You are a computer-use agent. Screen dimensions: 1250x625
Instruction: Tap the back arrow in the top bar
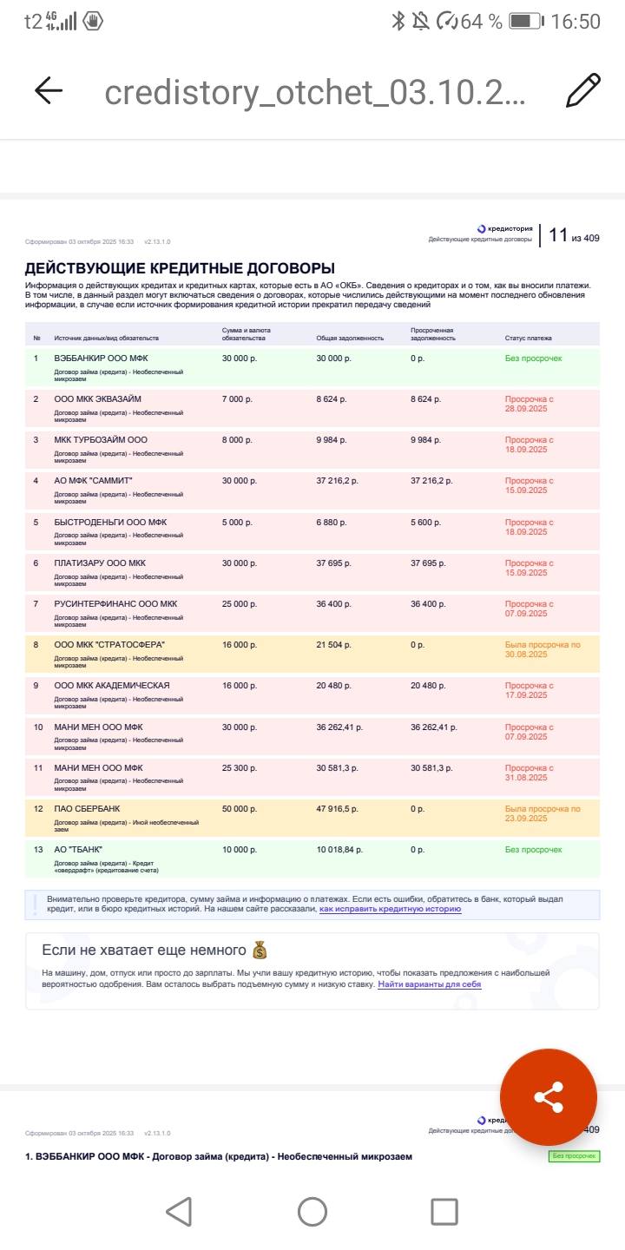[x=49, y=90]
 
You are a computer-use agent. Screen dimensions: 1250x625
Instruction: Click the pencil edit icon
[x=582, y=90]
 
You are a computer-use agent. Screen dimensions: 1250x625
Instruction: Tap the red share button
[x=549, y=1096]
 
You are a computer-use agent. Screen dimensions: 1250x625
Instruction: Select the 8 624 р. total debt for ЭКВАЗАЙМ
[x=332, y=399]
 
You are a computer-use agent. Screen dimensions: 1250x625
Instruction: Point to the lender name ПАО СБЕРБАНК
[x=87, y=809]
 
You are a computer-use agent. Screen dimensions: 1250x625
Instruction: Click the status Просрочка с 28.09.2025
[x=529, y=404]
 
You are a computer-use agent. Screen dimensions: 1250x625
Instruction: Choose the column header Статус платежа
[x=528, y=338]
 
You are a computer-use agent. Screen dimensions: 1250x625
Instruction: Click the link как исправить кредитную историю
[x=390, y=909]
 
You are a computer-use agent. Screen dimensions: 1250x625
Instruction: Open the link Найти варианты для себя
[x=429, y=984]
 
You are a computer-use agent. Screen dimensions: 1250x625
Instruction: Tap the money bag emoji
[x=259, y=950]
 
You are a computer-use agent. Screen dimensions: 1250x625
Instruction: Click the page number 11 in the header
[x=558, y=235]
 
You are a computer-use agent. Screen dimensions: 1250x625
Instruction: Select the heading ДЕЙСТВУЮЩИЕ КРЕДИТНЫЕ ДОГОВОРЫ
[x=180, y=268]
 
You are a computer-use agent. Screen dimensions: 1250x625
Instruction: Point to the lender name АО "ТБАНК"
[x=78, y=850]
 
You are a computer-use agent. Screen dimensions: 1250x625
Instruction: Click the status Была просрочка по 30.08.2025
[x=543, y=649]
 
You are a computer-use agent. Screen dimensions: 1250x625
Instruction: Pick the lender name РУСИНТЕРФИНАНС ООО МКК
[x=115, y=604]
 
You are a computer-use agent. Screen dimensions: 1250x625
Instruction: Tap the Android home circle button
[x=312, y=1212]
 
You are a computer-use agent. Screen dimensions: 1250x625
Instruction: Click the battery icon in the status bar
[x=525, y=21]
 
